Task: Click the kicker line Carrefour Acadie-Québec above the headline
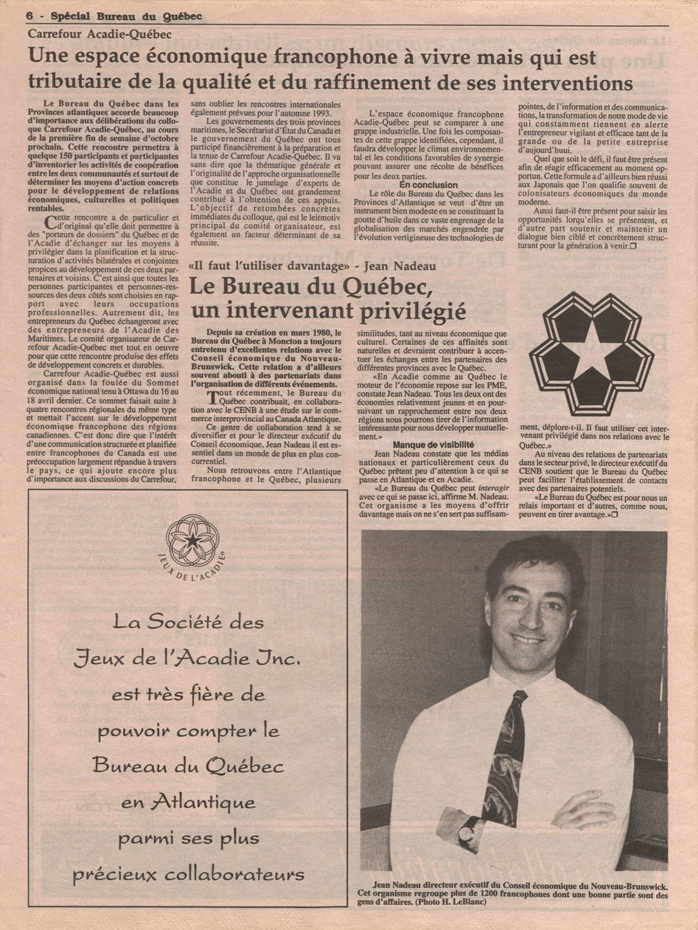click(99, 35)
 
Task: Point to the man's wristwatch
click(467, 830)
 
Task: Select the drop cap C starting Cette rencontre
click(51, 223)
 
